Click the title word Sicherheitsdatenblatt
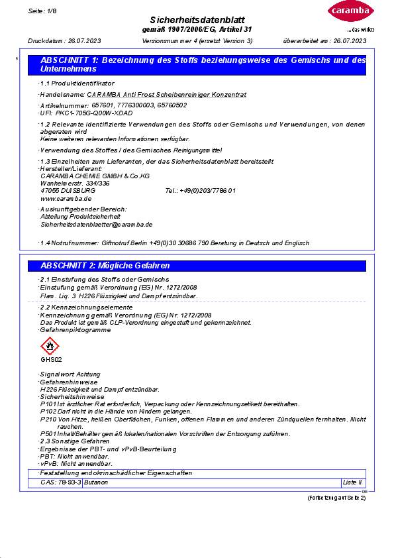(197, 21)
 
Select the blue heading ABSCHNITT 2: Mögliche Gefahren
(105, 266)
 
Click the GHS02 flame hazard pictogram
(50, 347)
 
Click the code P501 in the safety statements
(49, 434)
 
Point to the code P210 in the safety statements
(49, 419)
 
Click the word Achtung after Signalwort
(89, 375)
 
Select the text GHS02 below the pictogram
(51, 360)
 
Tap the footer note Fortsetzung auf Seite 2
(336, 498)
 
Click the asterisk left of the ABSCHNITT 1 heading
(17, 60)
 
